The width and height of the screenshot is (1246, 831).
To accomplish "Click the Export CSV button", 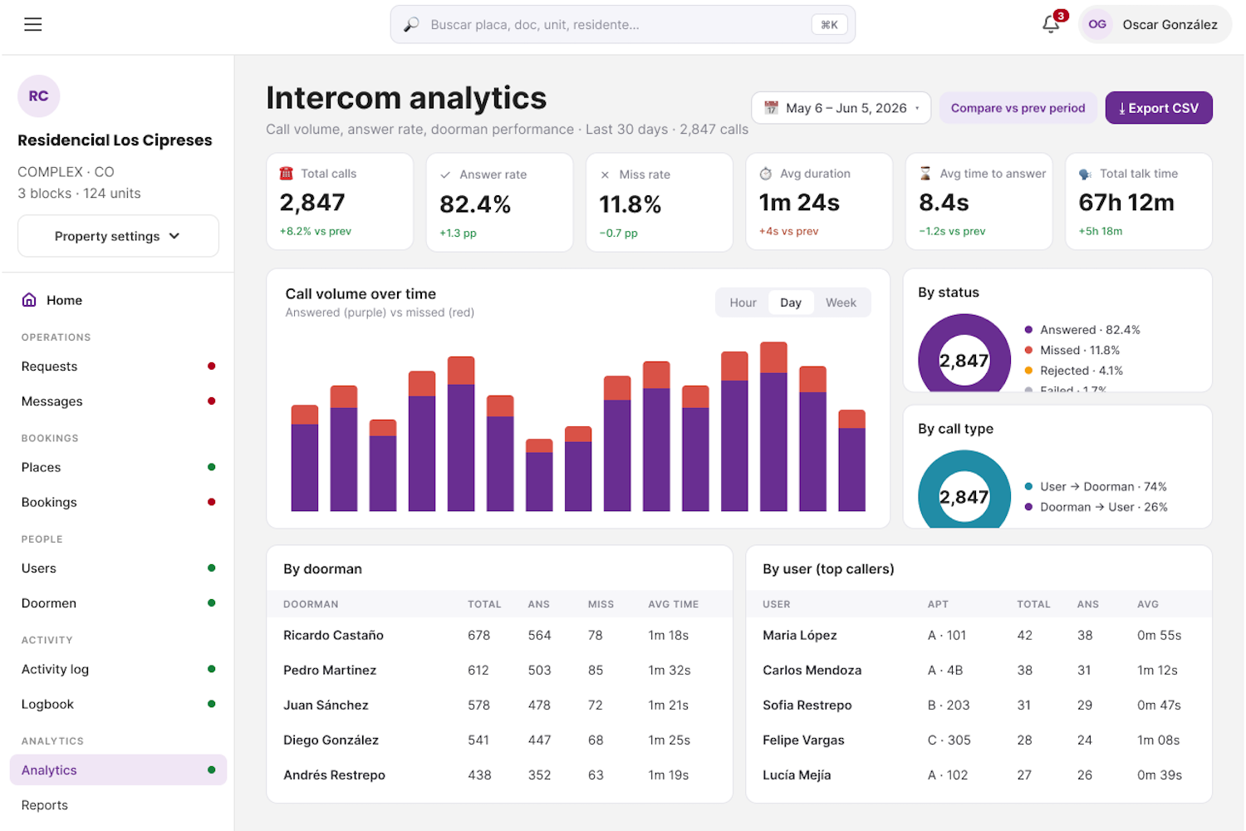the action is [x=1158, y=108].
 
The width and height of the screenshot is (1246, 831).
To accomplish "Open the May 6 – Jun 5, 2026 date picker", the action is [x=841, y=108].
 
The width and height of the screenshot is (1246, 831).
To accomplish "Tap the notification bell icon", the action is [x=1050, y=24].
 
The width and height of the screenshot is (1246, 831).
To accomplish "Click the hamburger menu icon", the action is [x=33, y=24].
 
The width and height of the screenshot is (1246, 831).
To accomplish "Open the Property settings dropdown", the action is [x=118, y=236].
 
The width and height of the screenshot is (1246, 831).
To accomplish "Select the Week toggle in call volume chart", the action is [x=841, y=302].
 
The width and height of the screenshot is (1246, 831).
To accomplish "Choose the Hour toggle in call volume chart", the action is [x=743, y=302].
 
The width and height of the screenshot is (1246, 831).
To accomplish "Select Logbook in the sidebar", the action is [x=47, y=704].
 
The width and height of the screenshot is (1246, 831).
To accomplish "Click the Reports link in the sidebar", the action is [x=45, y=805].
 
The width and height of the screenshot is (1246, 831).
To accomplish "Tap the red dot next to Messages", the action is [x=211, y=401].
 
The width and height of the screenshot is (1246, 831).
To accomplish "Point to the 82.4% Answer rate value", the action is [x=475, y=204].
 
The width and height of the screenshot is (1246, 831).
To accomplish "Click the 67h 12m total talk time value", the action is [x=1126, y=203].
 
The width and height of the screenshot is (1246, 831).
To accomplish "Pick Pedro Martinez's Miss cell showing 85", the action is [x=596, y=670].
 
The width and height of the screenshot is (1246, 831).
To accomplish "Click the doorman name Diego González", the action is [x=331, y=740].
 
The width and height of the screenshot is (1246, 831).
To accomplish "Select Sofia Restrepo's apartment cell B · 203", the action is [x=949, y=706].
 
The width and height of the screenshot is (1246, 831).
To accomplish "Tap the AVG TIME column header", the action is [x=673, y=604].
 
